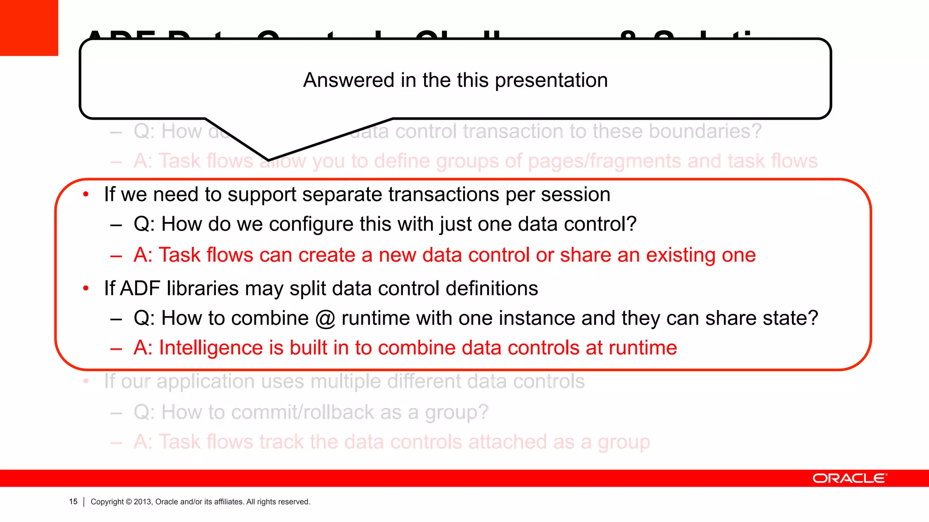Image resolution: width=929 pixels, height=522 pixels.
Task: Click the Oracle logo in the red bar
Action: click(x=849, y=478)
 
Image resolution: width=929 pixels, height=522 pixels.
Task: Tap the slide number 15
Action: click(x=73, y=502)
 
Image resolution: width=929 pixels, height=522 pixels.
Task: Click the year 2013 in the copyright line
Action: click(x=142, y=502)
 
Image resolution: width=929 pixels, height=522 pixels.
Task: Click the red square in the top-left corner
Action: click(x=29, y=28)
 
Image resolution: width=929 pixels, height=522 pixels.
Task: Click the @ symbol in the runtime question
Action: click(x=325, y=318)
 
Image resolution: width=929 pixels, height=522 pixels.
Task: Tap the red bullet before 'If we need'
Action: click(x=86, y=194)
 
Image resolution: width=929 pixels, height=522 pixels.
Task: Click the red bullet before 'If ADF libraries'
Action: click(x=86, y=289)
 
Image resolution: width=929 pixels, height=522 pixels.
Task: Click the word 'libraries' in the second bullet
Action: click(x=203, y=289)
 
